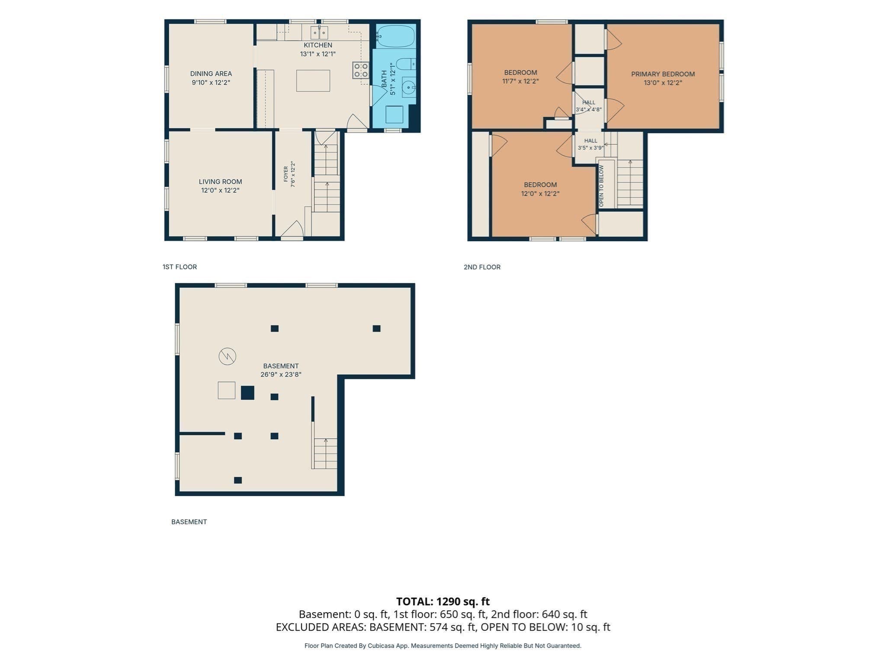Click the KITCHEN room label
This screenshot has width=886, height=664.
[x=318, y=45]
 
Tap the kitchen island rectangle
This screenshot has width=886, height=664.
[x=313, y=81]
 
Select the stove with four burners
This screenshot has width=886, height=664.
[x=361, y=70]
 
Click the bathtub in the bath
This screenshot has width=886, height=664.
[x=395, y=36]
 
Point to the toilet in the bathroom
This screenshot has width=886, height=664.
[x=406, y=64]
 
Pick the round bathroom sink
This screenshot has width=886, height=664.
[x=408, y=88]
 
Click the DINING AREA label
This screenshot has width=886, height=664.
[x=211, y=73]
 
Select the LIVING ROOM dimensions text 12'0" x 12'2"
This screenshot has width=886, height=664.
[x=220, y=190]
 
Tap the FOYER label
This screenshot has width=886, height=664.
[x=286, y=174]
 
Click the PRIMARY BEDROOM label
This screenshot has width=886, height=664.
[x=663, y=74]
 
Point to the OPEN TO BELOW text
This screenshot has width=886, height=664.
[x=601, y=186]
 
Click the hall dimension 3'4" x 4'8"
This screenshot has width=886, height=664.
[x=588, y=110]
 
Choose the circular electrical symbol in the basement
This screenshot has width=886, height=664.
[x=227, y=357]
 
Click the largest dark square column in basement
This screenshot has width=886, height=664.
[x=247, y=393]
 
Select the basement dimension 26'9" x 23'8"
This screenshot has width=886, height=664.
[x=281, y=375]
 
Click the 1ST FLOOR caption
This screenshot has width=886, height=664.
[x=180, y=267]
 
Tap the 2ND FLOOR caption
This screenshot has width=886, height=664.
[x=482, y=267]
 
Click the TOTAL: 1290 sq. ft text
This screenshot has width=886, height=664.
[x=443, y=601]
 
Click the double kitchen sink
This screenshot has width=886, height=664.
[x=319, y=33]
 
